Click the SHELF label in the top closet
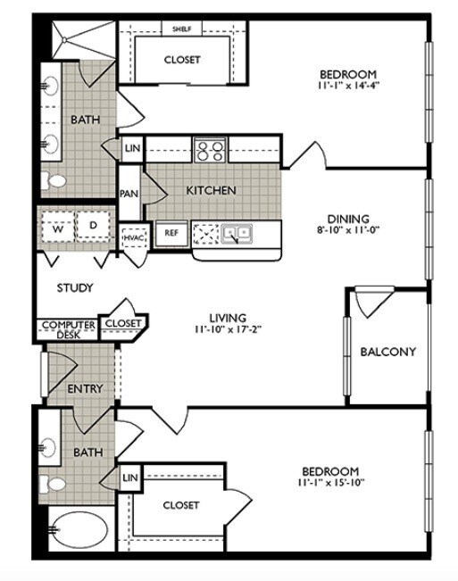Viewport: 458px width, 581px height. pos(181,29)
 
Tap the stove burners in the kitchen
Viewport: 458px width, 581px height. pos(210,151)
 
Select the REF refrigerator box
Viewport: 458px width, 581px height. pos(170,233)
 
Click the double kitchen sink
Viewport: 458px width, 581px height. pos(237,234)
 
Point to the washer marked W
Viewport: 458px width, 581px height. pos(56,228)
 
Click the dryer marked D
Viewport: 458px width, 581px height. pos(91,228)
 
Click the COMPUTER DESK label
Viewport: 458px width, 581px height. pos(66,328)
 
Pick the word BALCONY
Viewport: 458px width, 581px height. pos(387,352)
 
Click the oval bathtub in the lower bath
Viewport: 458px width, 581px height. pos(77,534)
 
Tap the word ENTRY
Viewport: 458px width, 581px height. pos(85,388)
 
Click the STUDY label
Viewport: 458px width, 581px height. pos(76,287)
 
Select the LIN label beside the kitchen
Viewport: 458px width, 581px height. pos(132,148)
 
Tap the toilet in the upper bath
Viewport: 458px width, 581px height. pos(55,181)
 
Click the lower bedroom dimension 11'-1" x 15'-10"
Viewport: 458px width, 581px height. pos(329,483)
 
